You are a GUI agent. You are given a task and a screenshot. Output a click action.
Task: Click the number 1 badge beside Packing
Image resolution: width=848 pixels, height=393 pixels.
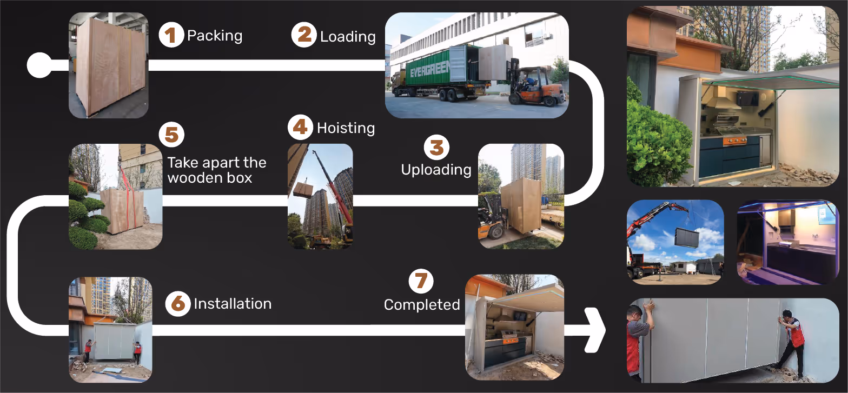click(x=171, y=36)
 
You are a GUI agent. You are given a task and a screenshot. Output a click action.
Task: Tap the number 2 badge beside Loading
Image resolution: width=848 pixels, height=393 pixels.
click(x=304, y=36)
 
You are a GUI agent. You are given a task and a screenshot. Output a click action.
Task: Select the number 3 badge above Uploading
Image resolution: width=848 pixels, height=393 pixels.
click(x=436, y=148)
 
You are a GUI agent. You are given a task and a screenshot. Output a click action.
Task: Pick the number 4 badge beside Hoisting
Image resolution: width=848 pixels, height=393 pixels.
click(x=301, y=128)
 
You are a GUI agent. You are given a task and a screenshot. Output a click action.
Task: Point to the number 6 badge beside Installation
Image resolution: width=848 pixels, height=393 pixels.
click(x=178, y=304)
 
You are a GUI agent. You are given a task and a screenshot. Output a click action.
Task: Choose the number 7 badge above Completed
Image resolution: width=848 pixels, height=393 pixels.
click(x=421, y=281)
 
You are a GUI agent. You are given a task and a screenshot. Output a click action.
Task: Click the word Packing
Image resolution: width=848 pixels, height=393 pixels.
click(x=215, y=36)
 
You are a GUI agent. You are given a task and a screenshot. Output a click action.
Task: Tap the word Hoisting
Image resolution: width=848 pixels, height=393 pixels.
click(x=346, y=129)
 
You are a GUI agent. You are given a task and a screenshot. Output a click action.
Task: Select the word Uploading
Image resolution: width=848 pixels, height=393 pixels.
click(x=436, y=170)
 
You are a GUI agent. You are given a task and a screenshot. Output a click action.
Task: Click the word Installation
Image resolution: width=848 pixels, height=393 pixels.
click(x=233, y=304)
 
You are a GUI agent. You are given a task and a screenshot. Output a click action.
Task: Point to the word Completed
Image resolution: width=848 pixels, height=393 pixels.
click(x=422, y=305)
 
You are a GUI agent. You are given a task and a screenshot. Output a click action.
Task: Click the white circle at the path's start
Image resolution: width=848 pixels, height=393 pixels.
click(x=39, y=65)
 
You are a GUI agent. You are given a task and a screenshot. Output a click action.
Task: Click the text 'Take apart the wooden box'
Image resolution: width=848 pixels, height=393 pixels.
click(x=216, y=170)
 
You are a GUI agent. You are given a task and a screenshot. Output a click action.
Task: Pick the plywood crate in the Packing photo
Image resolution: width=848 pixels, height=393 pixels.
click(x=111, y=65)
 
